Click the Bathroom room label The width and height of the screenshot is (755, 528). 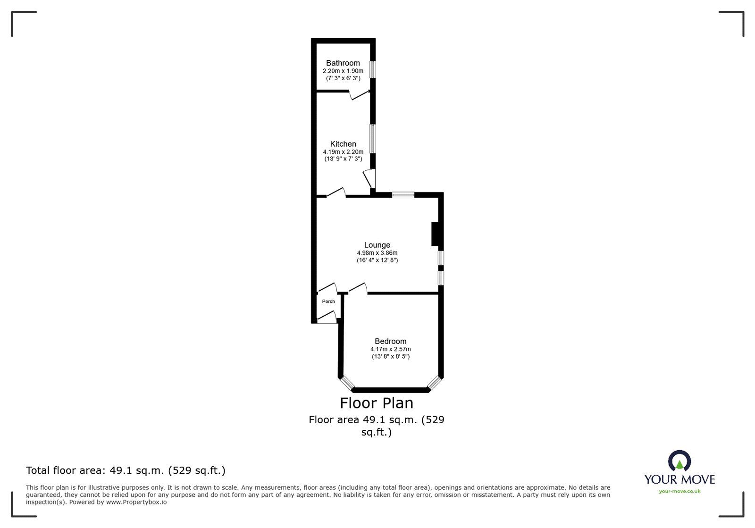343,63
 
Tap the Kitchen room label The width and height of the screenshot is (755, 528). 343,144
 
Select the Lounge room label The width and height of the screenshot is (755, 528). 377,245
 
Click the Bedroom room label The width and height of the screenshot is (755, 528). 390,341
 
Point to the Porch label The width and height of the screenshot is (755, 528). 328,302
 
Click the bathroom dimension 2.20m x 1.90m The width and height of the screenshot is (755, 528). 343,71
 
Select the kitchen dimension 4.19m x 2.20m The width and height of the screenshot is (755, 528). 343,152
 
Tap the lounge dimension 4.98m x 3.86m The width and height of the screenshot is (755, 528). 377,253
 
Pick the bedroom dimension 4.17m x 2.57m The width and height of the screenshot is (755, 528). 390,349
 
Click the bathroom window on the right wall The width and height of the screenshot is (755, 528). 372,69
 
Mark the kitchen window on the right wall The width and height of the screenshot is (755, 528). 372,138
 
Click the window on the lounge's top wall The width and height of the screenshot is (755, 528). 403,194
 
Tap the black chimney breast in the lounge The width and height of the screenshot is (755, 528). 435,234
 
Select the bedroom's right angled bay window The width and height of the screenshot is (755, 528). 434,383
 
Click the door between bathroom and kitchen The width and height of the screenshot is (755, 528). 359,95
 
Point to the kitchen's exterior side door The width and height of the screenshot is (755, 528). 369,179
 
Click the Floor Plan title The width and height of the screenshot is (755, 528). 377,403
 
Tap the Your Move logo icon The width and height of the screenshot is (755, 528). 679,461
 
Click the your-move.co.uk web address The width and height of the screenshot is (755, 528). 679,491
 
